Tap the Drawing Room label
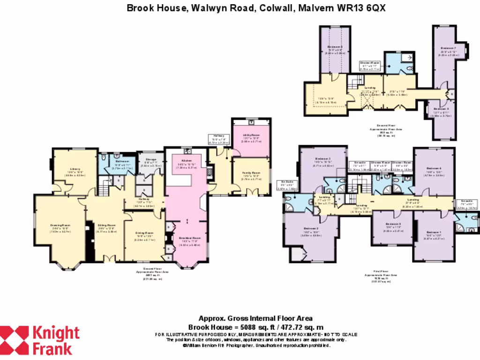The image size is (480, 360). tap(60, 225)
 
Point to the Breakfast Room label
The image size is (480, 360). tap(187, 238)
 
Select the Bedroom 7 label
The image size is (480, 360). tap(448, 48)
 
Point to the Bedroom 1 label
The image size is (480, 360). tap(434, 232)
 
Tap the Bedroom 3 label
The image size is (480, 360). tap(323, 159)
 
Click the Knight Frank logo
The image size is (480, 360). tap(40, 340)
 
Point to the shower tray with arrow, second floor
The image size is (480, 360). tap(406, 57)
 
